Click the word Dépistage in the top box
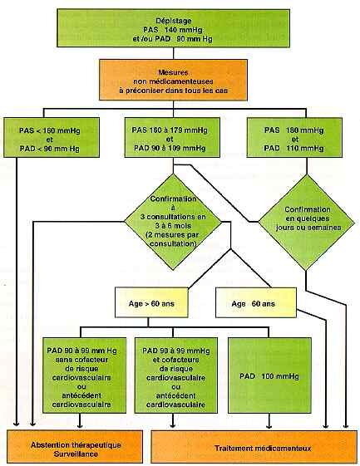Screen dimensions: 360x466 click(x=174, y=21)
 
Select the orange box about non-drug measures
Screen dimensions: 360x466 click(x=173, y=80)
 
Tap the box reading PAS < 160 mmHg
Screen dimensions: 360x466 click(x=52, y=137)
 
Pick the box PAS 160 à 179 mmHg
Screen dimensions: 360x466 click(x=172, y=137)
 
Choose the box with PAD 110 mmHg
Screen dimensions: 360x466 click(x=294, y=137)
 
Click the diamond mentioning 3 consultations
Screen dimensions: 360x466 click(x=173, y=222)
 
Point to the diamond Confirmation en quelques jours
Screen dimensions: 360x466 click(x=307, y=222)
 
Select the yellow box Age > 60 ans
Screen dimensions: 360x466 click(x=151, y=302)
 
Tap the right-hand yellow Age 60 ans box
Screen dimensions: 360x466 click(x=256, y=302)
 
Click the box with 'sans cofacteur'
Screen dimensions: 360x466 click(x=84, y=375)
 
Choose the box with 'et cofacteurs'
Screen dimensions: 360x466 click(x=175, y=375)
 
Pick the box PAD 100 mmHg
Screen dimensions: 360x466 click(x=269, y=375)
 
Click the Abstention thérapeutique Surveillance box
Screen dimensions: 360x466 click(x=75, y=446)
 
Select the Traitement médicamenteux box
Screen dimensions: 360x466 click(x=254, y=446)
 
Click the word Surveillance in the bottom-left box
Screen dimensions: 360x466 click(x=76, y=454)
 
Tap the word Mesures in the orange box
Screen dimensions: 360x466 click(x=173, y=72)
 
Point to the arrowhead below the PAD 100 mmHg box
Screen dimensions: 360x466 click(x=269, y=425)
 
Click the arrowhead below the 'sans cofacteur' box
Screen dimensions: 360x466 click(x=80, y=425)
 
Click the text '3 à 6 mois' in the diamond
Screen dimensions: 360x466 click(x=173, y=226)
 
